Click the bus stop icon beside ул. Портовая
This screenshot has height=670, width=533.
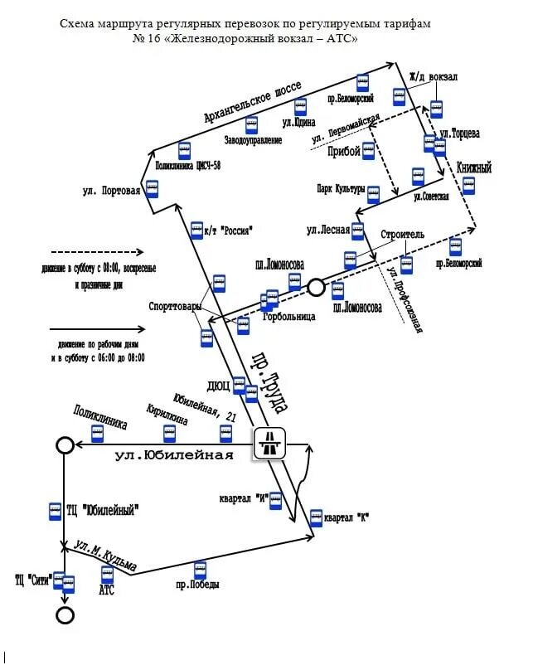pos(153,188)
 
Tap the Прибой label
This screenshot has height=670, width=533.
pos(344,151)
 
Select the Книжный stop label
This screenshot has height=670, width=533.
pos(473,168)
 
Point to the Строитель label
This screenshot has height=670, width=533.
pos(402,235)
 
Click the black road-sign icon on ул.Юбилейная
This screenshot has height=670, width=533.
pos(270,443)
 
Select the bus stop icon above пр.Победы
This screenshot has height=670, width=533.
pos(200,570)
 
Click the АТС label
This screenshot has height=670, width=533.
pos(106,590)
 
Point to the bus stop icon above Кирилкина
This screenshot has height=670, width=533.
pos(169,433)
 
